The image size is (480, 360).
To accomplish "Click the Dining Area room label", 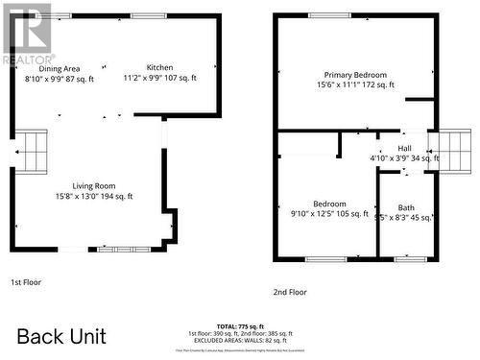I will point(60,68).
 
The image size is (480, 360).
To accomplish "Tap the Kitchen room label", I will point(160,67).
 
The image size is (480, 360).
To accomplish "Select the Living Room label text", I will point(94,185).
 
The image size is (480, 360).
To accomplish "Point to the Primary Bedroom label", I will point(355,75).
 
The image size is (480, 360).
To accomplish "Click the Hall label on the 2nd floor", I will point(404,147).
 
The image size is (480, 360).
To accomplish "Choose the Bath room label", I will point(407,207).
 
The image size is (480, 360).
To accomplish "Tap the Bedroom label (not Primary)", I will point(329,204).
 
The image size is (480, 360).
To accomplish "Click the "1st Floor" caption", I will point(26,282).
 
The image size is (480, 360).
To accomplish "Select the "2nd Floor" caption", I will point(290,292).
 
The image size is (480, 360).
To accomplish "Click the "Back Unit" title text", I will point(61,336).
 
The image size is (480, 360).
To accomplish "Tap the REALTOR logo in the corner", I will point(27,33).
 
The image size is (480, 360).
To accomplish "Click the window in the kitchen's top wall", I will point(148,16).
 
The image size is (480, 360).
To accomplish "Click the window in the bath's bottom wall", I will point(410,259).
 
